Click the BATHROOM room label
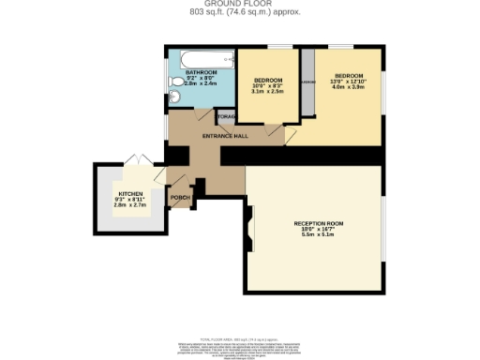tap(201, 72)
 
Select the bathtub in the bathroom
tap(201, 57)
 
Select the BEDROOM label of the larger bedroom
tap(349, 74)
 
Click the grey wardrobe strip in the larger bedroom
tap(307, 84)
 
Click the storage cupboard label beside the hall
tap(225, 115)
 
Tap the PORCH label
tap(180, 198)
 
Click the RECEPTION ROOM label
tap(319, 223)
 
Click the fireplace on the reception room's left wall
tap(249, 226)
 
